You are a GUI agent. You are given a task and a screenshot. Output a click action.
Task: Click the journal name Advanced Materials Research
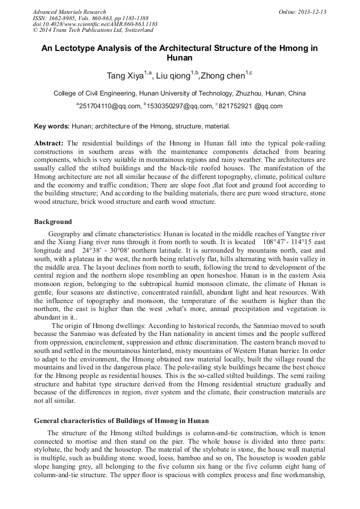coord(69,12)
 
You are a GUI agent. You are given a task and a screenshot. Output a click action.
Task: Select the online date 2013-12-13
coord(312,12)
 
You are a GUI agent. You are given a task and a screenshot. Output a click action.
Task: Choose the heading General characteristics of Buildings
coord(122,421)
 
